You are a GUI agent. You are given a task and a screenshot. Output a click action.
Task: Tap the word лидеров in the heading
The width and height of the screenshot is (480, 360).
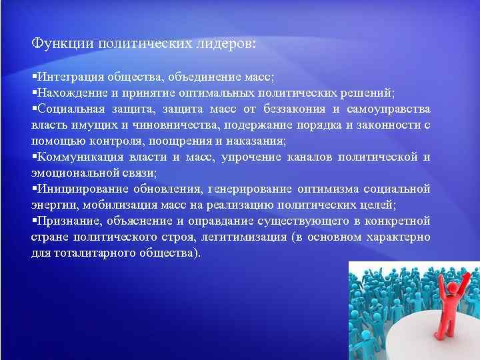click(223, 44)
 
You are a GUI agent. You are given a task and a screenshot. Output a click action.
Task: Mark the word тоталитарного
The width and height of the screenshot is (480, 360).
click(84, 253)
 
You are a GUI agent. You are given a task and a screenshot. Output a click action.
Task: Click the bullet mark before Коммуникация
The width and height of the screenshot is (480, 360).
click(33, 157)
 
